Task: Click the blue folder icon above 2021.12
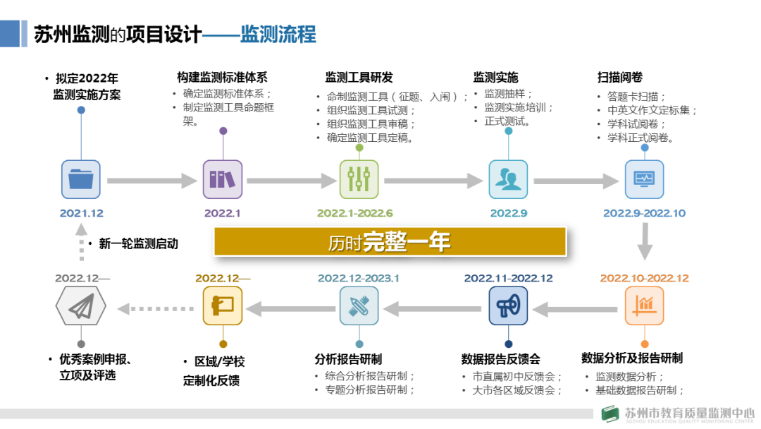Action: (x=81, y=179)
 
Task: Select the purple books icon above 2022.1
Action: (x=223, y=179)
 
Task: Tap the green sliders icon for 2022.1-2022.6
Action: (x=359, y=179)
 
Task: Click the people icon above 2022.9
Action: (x=508, y=179)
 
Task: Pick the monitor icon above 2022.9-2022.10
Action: (x=644, y=179)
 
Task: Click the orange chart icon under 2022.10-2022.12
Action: (x=644, y=306)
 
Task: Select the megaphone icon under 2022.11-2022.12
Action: (x=508, y=306)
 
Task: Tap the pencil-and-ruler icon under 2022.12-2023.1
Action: (x=359, y=306)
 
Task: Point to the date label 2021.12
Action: (x=81, y=213)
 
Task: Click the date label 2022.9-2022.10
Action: (x=644, y=213)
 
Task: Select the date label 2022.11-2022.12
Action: (x=508, y=278)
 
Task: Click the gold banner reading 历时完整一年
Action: (x=390, y=242)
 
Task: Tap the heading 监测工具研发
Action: (x=359, y=78)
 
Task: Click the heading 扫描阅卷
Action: (x=619, y=78)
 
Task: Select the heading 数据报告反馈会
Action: (x=501, y=359)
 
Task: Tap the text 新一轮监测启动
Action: (x=138, y=244)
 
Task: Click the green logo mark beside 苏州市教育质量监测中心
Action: (x=609, y=415)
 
